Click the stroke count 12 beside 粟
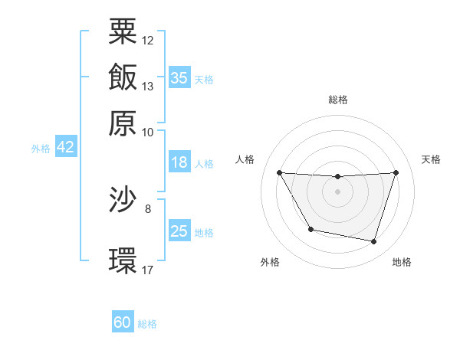[148, 40]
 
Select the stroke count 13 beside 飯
[148, 86]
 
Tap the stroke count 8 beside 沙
[148, 208]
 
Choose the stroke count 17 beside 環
[148, 270]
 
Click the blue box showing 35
[179, 77]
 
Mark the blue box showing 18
[179, 163]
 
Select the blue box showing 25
[179, 231]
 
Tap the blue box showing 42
[65, 148]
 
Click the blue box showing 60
[123, 322]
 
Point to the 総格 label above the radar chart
[338, 100]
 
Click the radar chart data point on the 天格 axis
[396, 172]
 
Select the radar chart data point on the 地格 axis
[374, 242]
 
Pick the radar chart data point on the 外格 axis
[310, 229]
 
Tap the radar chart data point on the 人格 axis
[279, 172]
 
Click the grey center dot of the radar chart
[338, 191]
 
